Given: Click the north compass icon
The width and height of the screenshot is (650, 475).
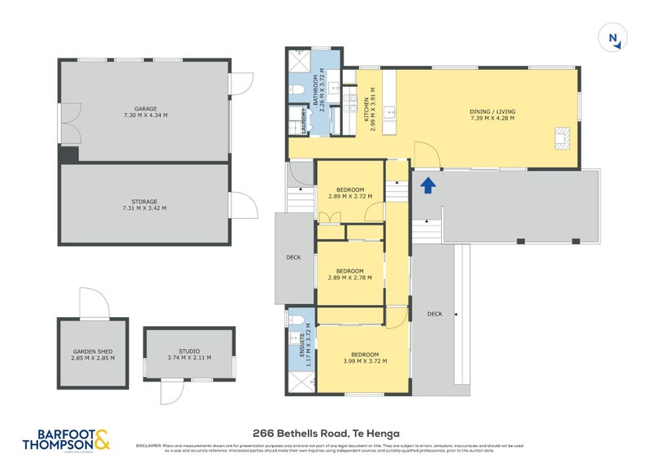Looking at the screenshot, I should pyautogui.click(x=613, y=38).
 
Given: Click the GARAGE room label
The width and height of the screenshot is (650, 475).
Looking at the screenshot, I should pyautogui.click(x=145, y=111).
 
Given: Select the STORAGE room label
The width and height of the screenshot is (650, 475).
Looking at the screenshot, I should pyautogui.click(x=145, y=204).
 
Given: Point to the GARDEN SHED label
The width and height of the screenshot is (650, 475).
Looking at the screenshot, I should pyautogui.click(x=93, y=354).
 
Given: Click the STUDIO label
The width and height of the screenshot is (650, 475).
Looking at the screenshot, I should pyautogui.click(x=188, y=354).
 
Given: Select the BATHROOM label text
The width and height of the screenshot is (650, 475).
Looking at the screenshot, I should pyautogui.click(x=321, y=91).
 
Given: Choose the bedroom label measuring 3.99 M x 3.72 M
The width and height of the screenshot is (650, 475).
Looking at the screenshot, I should pyautogui.click(x=365, y=357).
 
